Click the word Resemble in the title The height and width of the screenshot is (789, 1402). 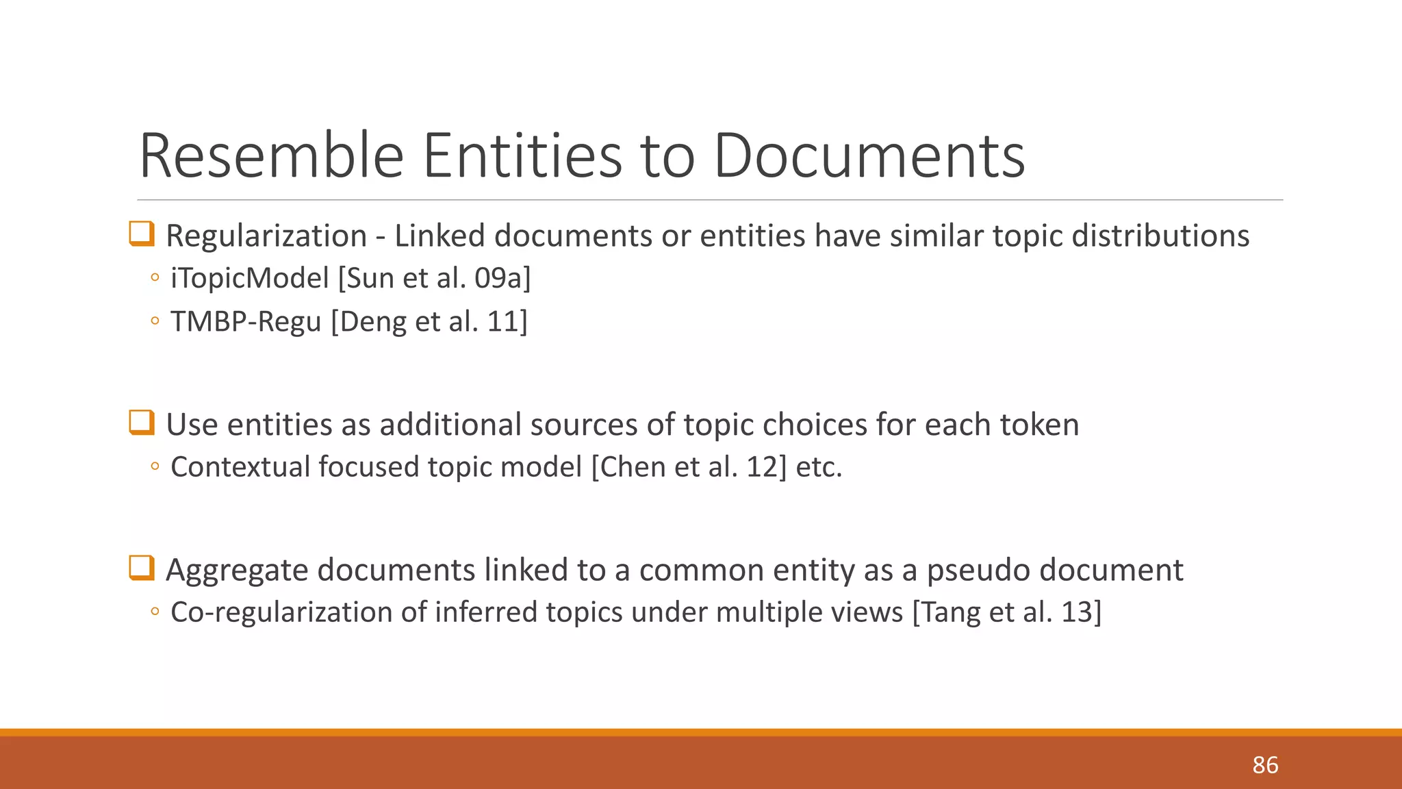(272, 156)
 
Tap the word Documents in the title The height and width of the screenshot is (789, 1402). (869, 156)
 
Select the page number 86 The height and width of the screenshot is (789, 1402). (1265, 765)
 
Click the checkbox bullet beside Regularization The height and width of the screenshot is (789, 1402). (142, 234)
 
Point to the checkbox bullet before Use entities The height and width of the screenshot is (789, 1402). (142, 423)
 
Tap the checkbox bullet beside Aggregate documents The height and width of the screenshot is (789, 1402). (142, 568)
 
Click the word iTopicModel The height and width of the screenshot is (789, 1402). (250, 278)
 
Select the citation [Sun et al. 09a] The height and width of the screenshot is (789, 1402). (435, 278)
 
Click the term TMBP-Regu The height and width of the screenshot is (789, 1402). (246, 321)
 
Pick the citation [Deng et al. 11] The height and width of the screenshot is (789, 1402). (429, 321)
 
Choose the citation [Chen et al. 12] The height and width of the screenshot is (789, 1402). (689, 467)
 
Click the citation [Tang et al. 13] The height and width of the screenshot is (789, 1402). (1007, 612)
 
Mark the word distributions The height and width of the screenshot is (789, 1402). (1160, 236)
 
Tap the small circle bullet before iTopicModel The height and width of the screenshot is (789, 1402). (155, 278)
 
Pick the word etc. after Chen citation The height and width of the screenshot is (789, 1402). (819, 467)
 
